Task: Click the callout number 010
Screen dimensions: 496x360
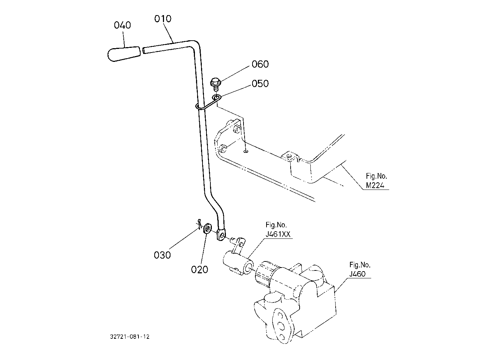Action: coord(163,19)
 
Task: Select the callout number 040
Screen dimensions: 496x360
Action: coord(122,25)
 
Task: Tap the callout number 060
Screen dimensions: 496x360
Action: coord(260,64)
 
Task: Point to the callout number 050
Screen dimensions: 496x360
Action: coord(260,84)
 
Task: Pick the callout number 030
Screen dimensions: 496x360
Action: coord(162,255)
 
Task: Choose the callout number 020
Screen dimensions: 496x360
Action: coord(200,270)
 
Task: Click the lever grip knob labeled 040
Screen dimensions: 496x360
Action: coord(124,54)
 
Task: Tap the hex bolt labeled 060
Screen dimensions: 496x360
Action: coord(215,84)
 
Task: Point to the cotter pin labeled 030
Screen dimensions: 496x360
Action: coord(200,224)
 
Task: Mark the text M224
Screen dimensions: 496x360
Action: coord(375,185)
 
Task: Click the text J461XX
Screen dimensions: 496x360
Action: coord(278,234)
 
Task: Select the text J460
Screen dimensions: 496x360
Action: coord(358,274)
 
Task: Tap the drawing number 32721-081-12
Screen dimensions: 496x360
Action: coord(130,337)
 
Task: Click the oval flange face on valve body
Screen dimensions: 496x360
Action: coord(281,325)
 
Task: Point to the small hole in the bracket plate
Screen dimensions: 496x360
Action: coord(246,151)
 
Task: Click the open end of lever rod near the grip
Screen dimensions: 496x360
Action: coord(144,50)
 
